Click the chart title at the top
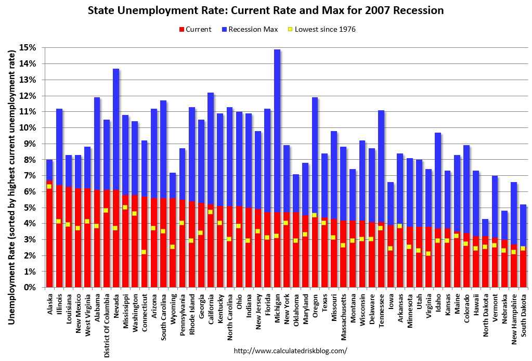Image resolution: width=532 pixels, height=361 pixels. [266, 10]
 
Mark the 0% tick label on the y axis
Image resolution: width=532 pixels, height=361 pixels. [31, 288]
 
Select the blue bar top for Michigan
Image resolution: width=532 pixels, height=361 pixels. [277, 50]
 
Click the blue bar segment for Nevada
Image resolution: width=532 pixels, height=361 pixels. [116, 130]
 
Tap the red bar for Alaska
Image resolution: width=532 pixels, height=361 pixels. [49, 234]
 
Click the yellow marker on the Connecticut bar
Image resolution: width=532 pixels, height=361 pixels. [144, 252]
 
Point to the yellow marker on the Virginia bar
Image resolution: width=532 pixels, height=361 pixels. [428, 254]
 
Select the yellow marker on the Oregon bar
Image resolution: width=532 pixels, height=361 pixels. [315, 215]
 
